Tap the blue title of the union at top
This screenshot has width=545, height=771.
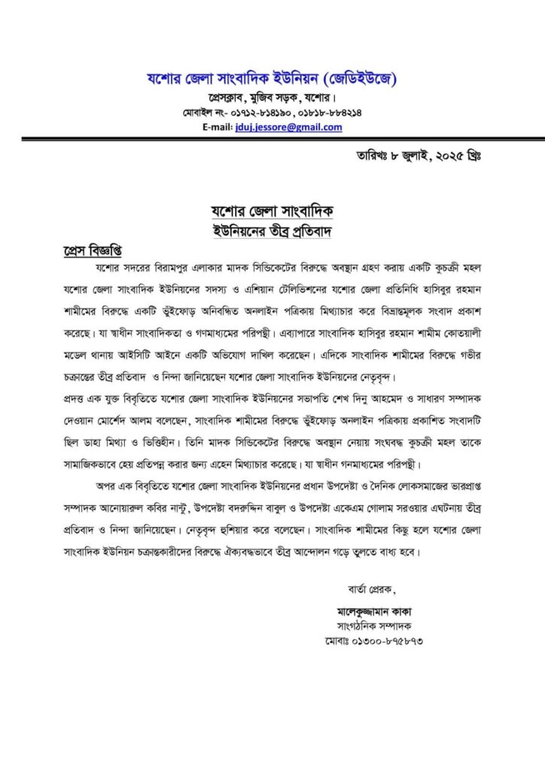[x=272, y=79]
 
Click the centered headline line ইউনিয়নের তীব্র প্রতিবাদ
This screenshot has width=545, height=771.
[x=272, y=230]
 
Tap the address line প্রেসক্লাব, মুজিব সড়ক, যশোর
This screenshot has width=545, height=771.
[x=272, y=98]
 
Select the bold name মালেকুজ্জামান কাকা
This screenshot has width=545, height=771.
[x=369, y=611]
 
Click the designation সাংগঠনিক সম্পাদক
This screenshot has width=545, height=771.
[x=369, y=626]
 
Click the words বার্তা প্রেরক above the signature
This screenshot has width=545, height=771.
[x=367, y=587]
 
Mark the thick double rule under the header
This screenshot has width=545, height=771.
[x=272, y=139]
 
